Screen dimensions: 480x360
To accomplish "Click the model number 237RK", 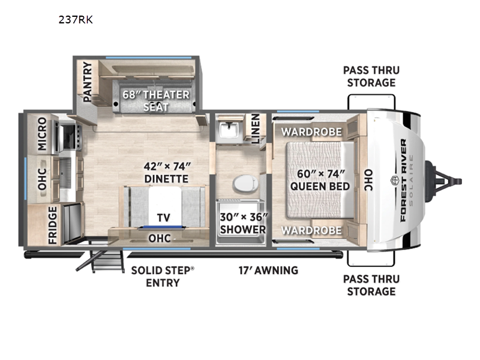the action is coord(76,20).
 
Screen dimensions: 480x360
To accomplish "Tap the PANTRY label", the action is coord(88,82).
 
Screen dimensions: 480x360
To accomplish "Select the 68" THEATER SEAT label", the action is coord(156,101).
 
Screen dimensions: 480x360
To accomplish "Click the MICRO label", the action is coord(42,134).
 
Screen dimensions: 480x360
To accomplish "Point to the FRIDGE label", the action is coord(53,226).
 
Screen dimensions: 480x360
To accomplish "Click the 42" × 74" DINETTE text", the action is coord(167,173).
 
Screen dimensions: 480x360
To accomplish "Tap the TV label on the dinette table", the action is coord(163,218).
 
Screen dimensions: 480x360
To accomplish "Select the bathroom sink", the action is coord(228,129).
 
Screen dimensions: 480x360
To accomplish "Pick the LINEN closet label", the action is coord(256,129).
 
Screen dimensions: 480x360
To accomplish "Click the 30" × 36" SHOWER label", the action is coord(244,223).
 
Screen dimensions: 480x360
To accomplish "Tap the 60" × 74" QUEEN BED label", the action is coord(320,180).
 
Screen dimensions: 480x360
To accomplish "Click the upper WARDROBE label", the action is coord(311,132).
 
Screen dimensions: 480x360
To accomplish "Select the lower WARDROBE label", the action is coord(311,230).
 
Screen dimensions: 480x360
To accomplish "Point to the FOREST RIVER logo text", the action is coord(403,181).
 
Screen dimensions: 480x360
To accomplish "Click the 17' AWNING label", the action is coord(268,271).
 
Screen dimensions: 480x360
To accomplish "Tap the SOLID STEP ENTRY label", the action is coord(163,277).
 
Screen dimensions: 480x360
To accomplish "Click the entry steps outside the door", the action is coord(104,261).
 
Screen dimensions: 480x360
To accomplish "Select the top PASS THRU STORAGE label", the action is coord(371,77).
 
